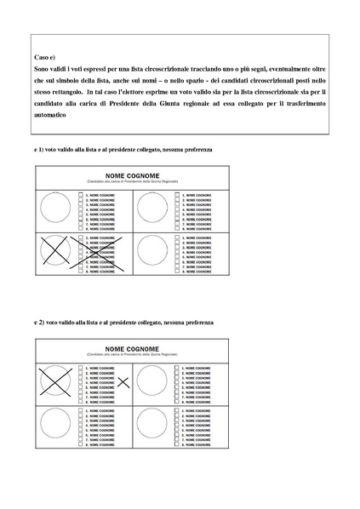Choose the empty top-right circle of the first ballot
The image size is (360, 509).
[x=153, y=208]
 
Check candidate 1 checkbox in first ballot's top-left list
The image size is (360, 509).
[x=81, y=194]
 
